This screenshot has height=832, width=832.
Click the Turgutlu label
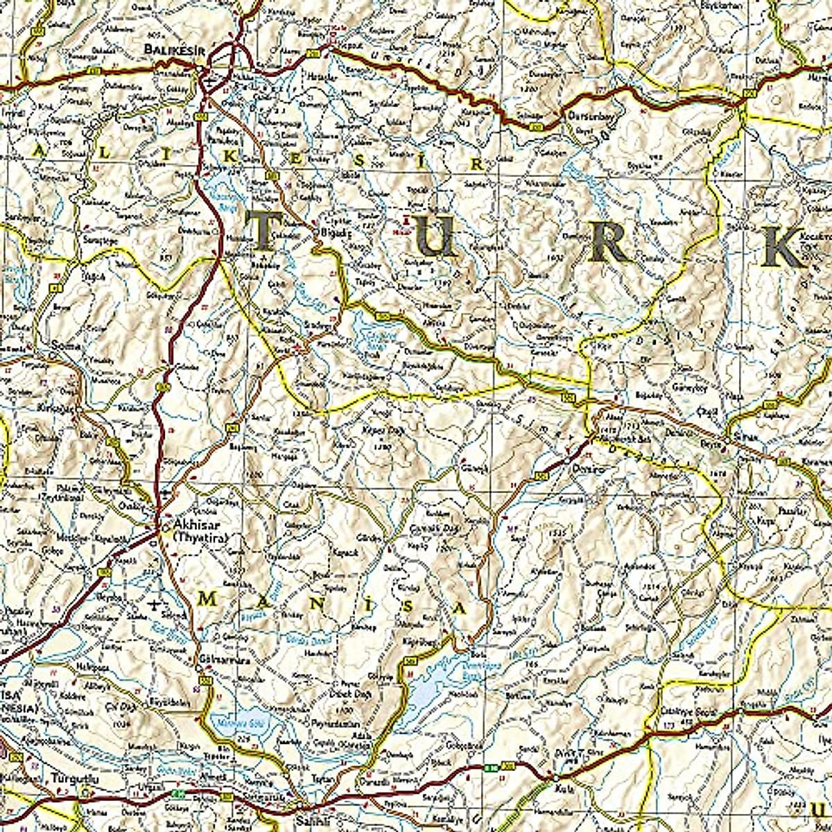[72, 779]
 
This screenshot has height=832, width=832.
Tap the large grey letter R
[610, 241]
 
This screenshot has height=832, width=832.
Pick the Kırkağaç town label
[59, 408]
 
